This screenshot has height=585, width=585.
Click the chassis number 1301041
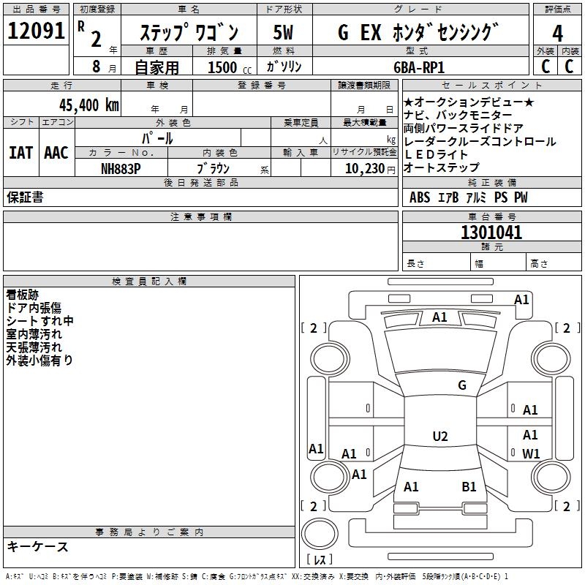tap(491, 233)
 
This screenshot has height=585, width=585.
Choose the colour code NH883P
tap(121, 167)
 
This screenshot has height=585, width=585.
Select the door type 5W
tap(283, 33)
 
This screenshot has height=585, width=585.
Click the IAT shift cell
tap(21, 153)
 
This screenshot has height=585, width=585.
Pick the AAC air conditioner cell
tap(56, 153)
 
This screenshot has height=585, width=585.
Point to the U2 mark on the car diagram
tap(440, 437)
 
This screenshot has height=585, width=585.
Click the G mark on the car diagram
tap(461, 385)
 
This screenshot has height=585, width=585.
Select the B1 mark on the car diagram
tap(469, 486)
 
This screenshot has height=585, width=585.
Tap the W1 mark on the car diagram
tap(531, 453)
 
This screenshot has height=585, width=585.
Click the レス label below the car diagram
tap(322, 560)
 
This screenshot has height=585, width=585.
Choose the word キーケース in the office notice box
tap(37, 546)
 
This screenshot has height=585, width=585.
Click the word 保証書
tap(25, 197)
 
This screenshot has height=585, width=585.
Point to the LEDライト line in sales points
tap(436, 154)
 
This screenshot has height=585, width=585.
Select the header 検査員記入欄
tap(149, 282)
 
